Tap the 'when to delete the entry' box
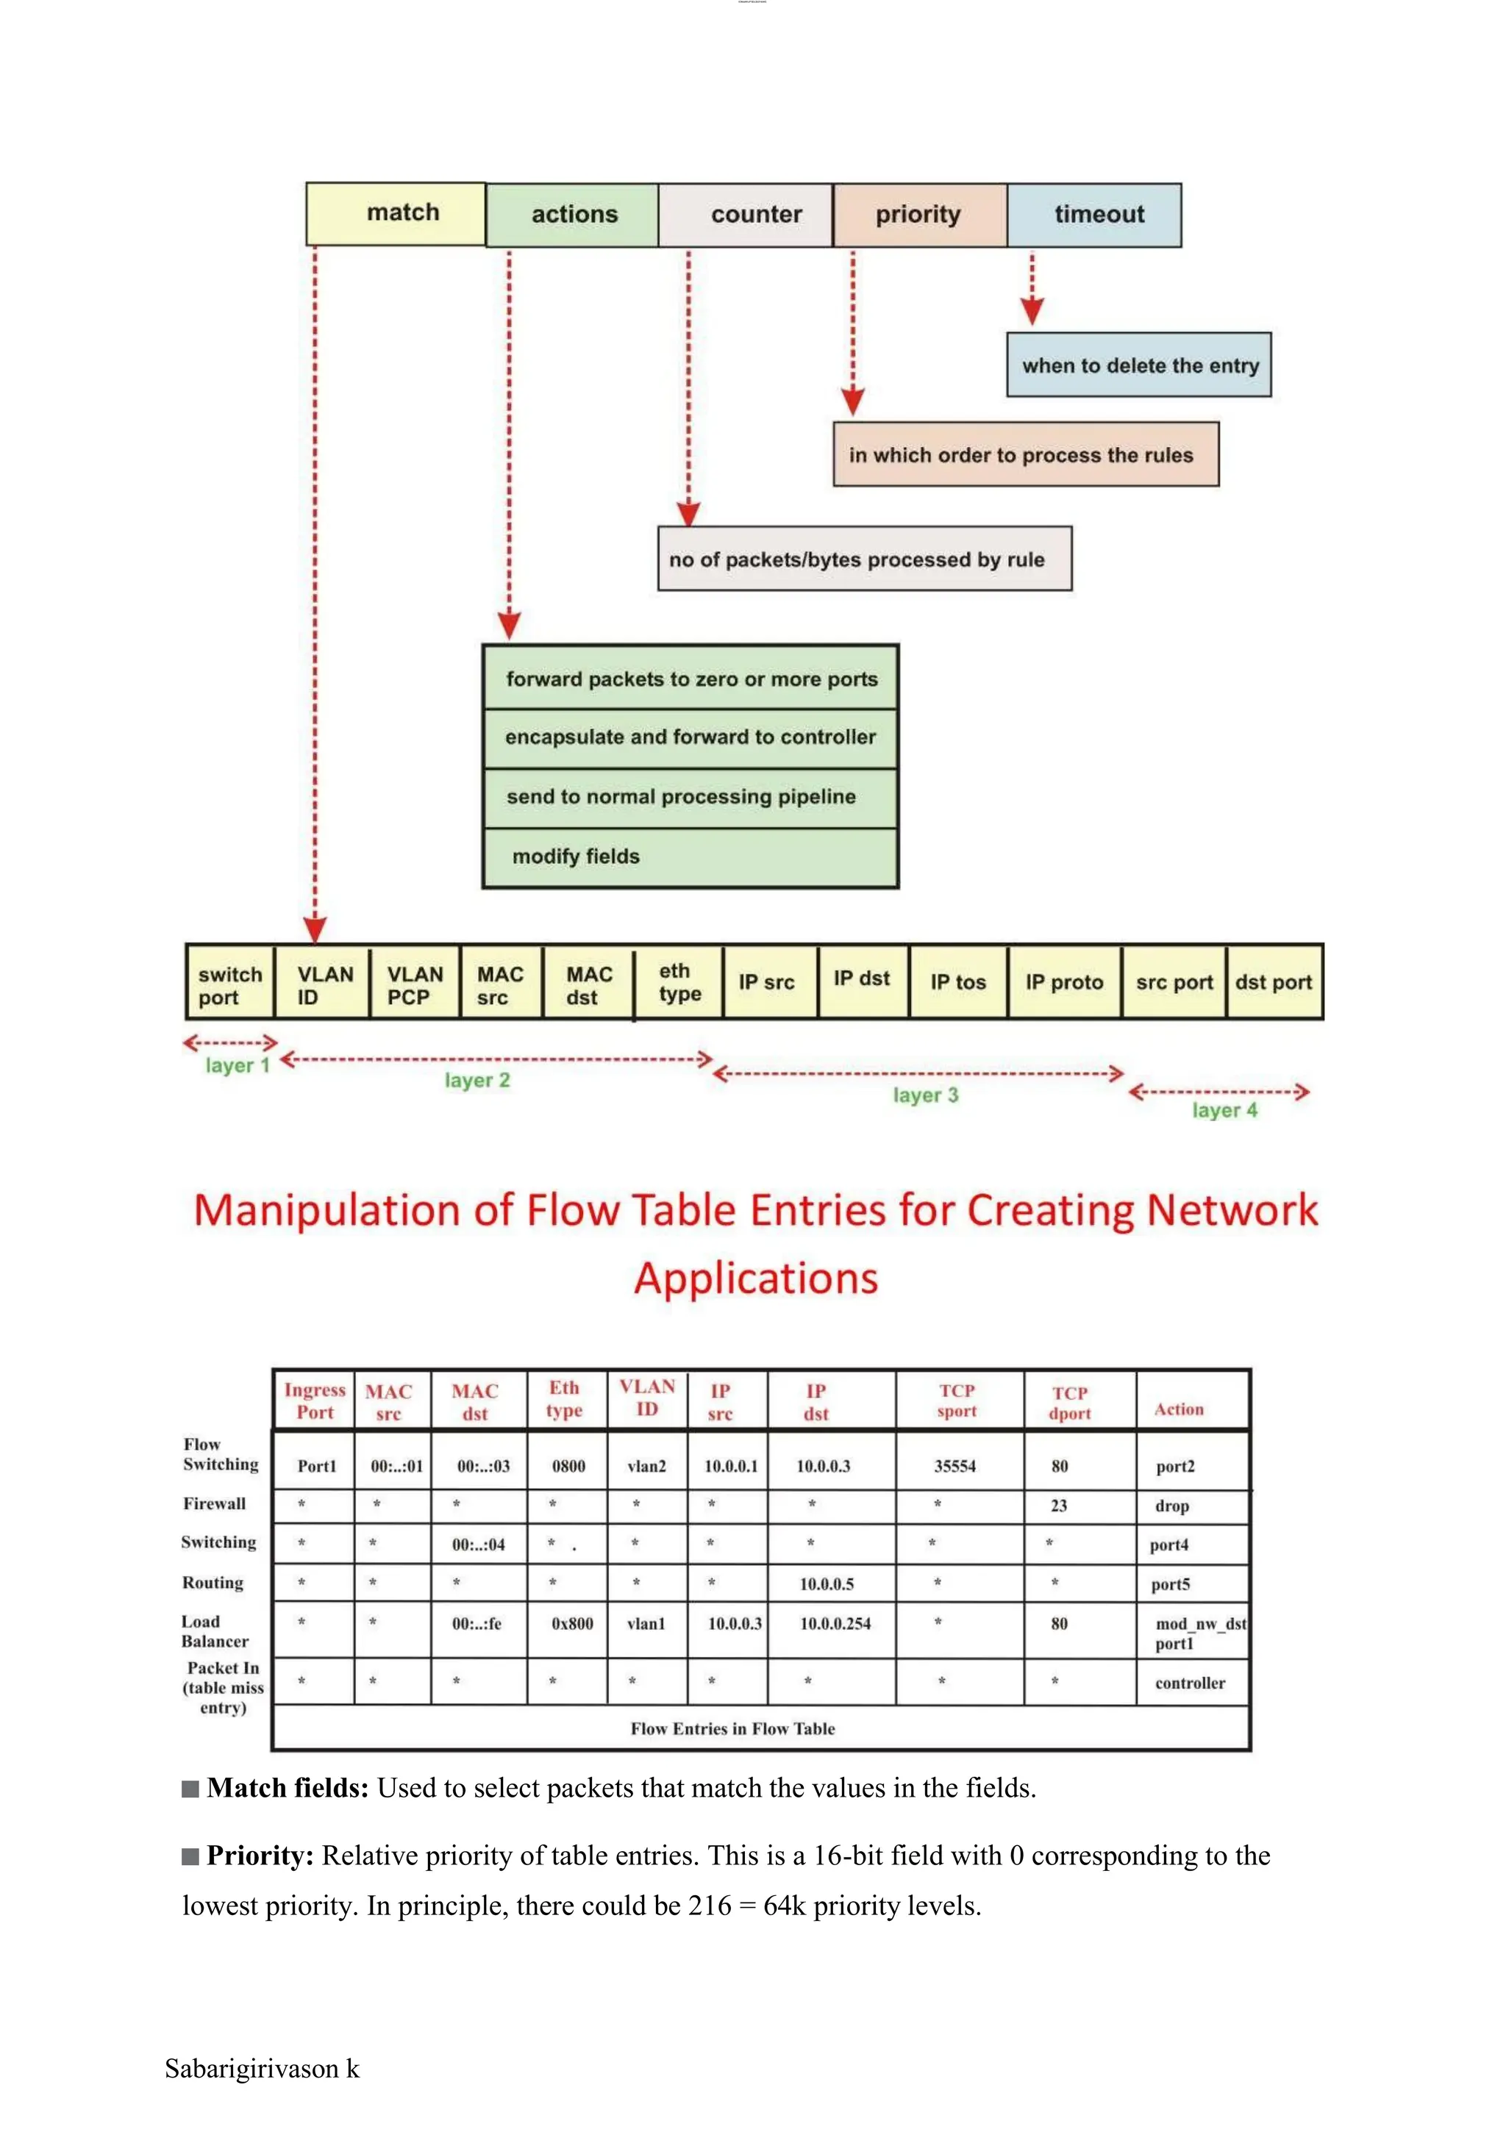click(1139, 365)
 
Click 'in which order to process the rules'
click(1024, 454)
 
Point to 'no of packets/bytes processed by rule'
click(864, 559)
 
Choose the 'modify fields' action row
click(690, 856)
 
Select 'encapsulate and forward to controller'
click(690, 737)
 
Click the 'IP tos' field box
click(958, 982)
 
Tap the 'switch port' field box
click(229, 985)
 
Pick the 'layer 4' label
click(1224, 1110)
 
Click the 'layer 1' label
click(238, 1065)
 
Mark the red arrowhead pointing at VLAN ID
click(315, 929)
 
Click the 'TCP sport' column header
click(957, 1400)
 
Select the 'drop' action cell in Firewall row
click(1172, 1506)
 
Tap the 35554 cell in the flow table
click(955, 1466)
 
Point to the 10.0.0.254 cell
click(835, 1624)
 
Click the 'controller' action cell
click(1190, 1683)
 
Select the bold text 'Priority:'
click(260, 1856)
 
